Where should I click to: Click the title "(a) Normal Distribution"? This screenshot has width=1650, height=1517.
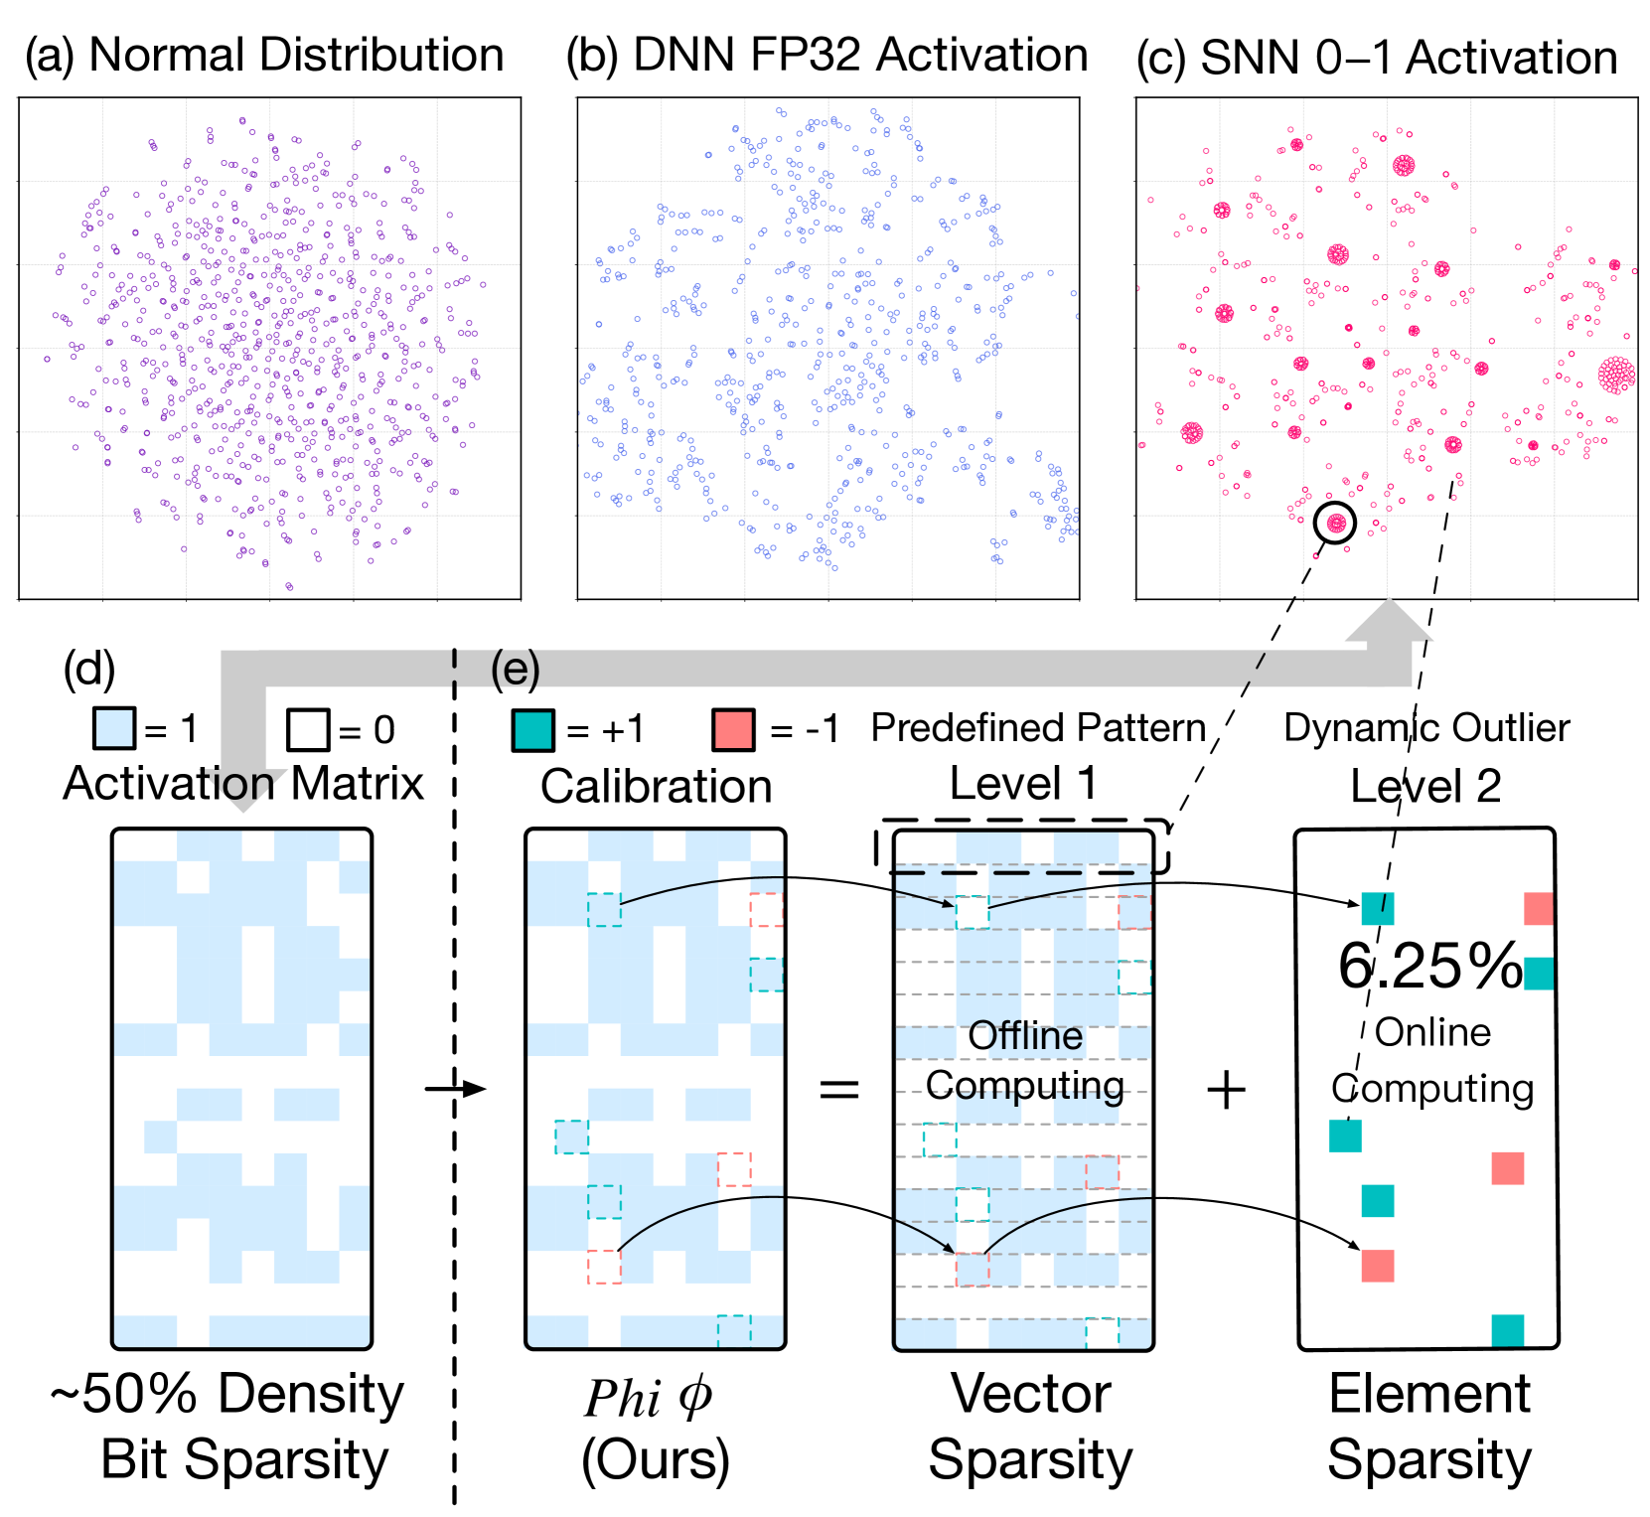tap(264, 56)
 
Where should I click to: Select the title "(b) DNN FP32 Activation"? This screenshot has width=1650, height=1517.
tap(826, 56)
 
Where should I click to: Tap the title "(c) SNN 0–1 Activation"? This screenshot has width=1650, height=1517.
tap(1377, 58)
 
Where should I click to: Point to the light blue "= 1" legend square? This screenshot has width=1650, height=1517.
tap(113, 729)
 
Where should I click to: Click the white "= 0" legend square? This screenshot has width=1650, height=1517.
tap(307, 729)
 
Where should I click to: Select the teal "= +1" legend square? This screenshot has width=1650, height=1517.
tap(532, 730)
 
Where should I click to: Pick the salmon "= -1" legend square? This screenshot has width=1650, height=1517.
tap(733, 730)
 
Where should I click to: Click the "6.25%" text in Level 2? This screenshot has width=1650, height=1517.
tap(1429, 966)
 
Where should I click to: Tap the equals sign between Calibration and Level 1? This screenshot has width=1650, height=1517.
tap(838, 1090)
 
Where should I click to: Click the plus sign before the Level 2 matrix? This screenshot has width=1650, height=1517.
tap(1226, 1090)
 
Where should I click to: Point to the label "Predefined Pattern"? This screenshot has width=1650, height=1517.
tap(1038, 728)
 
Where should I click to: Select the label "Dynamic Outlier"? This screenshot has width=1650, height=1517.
tap(1426, 728)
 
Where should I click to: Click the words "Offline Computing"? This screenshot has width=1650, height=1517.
tap(1025, 1061)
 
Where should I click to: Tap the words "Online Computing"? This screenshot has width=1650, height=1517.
tap(1432, 1061)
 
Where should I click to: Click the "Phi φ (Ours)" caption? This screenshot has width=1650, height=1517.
tap(655, 1429)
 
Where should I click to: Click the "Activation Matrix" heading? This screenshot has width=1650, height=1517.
tap(243, 784)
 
